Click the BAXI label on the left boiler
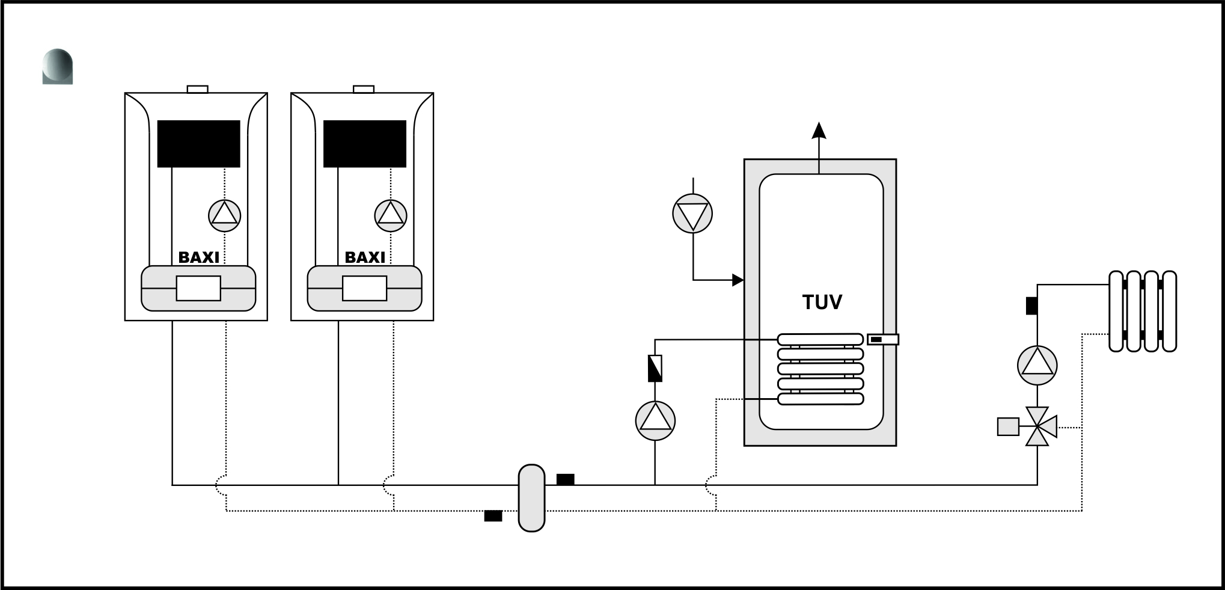click(x=199, y=257)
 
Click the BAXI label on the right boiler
click(x=365, y=257)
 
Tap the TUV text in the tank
click(x=822, y=302)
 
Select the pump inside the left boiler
click(x=225, y=215)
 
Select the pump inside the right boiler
click(x=391, y=215)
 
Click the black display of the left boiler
click(x=199, y=144)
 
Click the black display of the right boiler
click(x=365, y=144)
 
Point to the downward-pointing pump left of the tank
click(x=692, y=213)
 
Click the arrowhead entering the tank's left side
click(x=738, y=280)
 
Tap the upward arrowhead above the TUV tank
click(x=819, y=131)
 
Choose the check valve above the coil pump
click(x=655, y=368)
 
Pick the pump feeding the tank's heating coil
click(x=655, y=420)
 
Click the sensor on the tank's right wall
click(x=883, y=339)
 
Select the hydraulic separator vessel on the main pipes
click(x=531, y=497)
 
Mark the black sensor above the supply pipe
click(x=565, y=479)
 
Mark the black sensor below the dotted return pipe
click(x=493, y=516)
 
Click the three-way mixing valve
click(x=1038, y=427)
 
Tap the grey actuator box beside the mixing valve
click(x=1008, y=426)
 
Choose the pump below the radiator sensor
click(x=1037, y=365)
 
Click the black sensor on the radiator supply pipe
click(x=1033, y=306)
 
